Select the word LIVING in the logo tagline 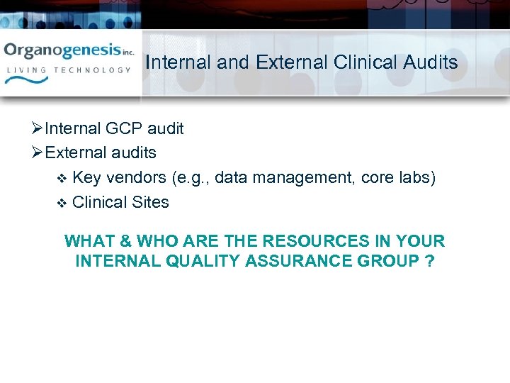click(x=26, y=70)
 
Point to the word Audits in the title click(x=430, y=62)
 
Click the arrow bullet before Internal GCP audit click(x=38, y=128)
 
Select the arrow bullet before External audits click(x=38, y=152)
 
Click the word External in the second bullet click(x=75, y=152)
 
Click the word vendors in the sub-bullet click(x=133, y=177)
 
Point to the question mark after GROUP click(x=429, y=261)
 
